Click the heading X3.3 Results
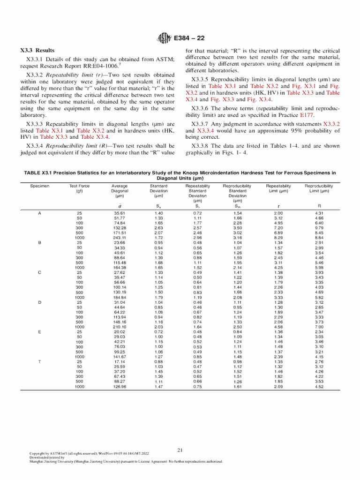tap(37, 50)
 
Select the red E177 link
tap(307, 115)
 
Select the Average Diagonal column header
tap(120, 191)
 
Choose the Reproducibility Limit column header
tap(319, 188)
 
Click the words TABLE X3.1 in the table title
tap(38, 173)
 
